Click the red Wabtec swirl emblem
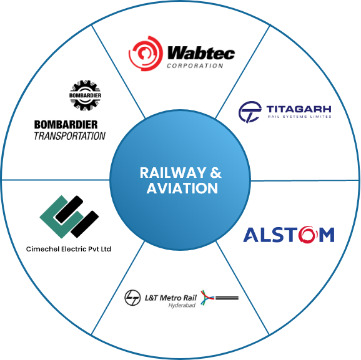pos(146,54)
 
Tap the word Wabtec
pos(201,53)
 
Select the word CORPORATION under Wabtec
pos(195,66)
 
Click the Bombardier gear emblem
pos(85,95)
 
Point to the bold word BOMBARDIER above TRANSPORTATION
pos(66,125)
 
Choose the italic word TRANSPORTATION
pos(69,136)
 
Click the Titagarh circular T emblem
pos(250,112)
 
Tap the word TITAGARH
pos(299,109)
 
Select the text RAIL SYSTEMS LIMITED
pos(299,117)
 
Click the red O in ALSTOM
pos(308,234)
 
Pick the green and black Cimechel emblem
pos(69,216)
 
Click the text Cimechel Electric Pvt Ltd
pos(69,249)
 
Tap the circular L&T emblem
pos(132,298)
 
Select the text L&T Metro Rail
pos(171,298)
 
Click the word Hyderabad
pos(182,306)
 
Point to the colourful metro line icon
pos(219,298)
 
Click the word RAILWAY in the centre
pos(173,173)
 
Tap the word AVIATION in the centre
pos(182,188)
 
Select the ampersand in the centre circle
pos(215,173)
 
